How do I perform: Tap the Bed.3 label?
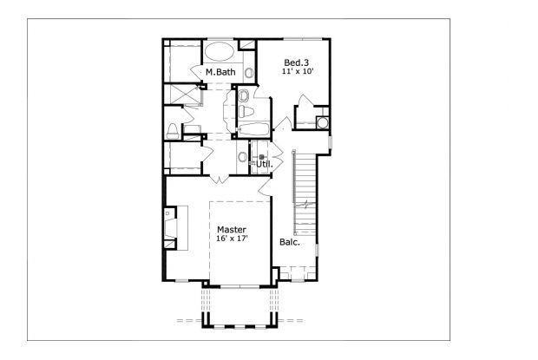(x=297, y=62)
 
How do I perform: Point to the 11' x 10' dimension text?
(x=297, y=72)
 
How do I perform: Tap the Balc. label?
(x=290, y=242)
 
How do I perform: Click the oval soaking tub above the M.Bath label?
(x=218, y=49)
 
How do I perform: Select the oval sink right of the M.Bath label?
(x=250, y=73)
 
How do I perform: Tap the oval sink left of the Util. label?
(x=242, y=157)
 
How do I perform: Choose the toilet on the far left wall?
(x=174, y=132)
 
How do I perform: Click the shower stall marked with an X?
(x=183, y=93)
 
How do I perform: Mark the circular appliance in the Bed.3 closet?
(x=323, y=122)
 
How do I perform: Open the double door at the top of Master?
(x=220, y=178)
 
